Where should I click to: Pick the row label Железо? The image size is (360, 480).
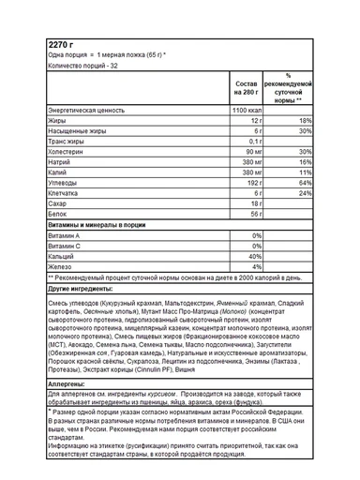[61, 266]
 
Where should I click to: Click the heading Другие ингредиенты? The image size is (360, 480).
[83, 290]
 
